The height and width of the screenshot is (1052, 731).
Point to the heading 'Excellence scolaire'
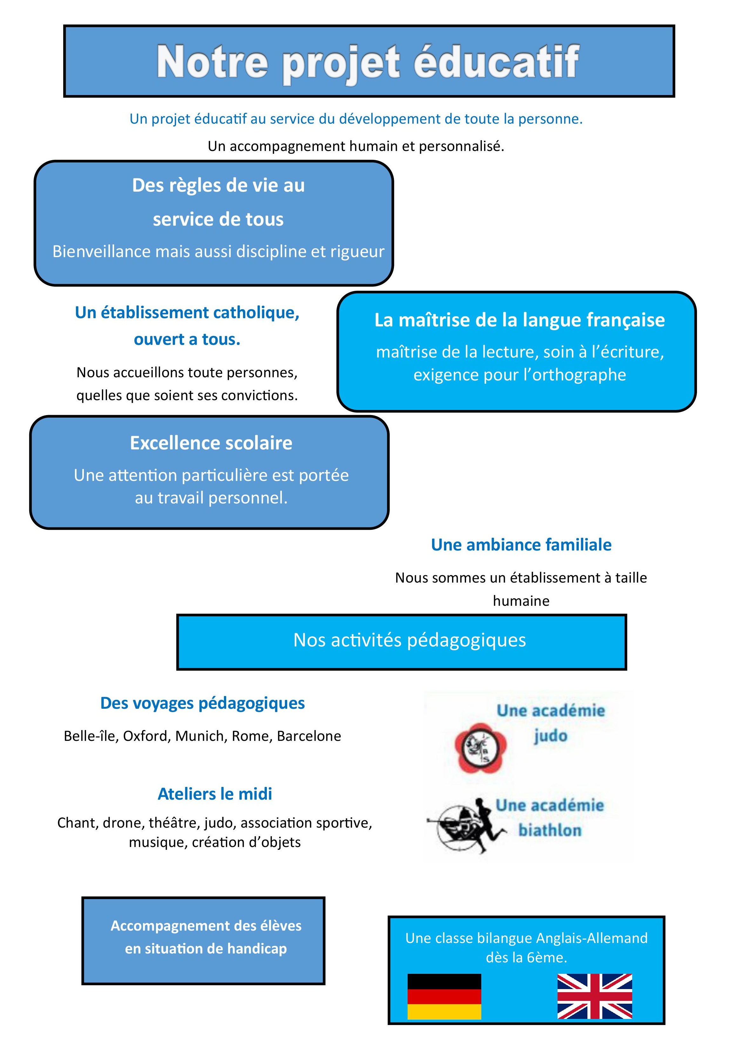211,443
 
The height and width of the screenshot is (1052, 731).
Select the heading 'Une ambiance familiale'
521,545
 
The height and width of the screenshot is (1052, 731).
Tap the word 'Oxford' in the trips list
146,736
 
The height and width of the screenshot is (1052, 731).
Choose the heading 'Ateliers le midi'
215,794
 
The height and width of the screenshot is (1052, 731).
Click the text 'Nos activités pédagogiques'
409,640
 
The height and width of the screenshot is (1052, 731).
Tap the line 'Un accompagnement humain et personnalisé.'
356,146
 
